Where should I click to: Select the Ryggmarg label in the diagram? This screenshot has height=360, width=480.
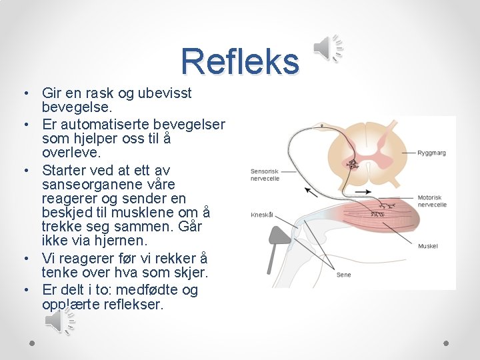coord(431,153)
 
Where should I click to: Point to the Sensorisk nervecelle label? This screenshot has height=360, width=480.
coord(265,175)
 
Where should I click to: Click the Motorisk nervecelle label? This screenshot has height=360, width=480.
coord(432,201)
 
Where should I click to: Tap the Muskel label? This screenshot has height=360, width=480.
coord(427,246)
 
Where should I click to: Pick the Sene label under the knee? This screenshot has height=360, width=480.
coord(343,275)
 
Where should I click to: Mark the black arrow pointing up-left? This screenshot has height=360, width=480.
coord(311,191)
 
